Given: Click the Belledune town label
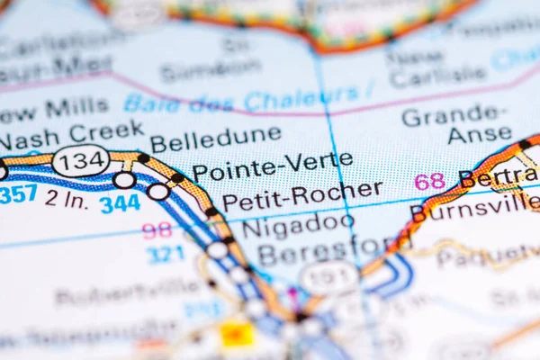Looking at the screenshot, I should point(215,139).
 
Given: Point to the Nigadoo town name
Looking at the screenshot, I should point(297,224).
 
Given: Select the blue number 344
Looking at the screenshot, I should point(119,203).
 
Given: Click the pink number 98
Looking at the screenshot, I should point(157,230).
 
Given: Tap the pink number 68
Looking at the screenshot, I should point(429,181).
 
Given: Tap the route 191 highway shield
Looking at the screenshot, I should point(328,277).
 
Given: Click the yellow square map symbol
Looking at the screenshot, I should point(237,335).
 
